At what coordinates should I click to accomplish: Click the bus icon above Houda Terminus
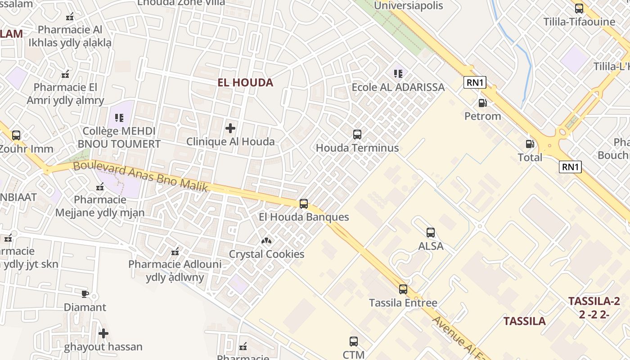pyautogui.click(x=357, y=134)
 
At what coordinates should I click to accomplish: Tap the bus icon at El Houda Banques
pyautogui.click(x=304, y=204)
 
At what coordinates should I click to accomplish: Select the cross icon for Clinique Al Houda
pyautogui.click(x=230, y=128)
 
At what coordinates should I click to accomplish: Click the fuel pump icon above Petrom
pyautogui.click(x=482, y=103)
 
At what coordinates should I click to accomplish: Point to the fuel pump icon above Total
pyautogui.click(x=530, y=144)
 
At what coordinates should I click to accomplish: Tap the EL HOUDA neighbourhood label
pyautogui.click(x=245, y=82)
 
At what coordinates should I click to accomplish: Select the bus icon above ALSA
pyautogui.click(x=431, y=233)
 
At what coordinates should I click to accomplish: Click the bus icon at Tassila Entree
pyautogui.click(x=403, y=289)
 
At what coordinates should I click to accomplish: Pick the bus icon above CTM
pyautogui.click(x=354, y=342)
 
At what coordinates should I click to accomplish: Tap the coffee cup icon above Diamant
pyautogui.click(x=85, y=294)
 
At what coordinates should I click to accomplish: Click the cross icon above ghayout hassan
pyautogui.click(x=103, y=333)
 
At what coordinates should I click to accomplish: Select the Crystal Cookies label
pyautogui.click(x=266, y=254)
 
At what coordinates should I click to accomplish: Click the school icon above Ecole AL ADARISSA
pyautogui.click(x=398, y=73)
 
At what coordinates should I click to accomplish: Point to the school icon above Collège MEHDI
pyautogui.click(x=119, y=118)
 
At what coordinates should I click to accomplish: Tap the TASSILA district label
pyautogui.click(x=524, y=321)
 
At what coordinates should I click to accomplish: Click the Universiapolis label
pyautogui.click(x=409, y=6)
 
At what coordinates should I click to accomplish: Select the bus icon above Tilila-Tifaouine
pyautogui.click(x=579, y=8)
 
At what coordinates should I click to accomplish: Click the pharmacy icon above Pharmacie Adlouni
pyautogui.click(x=175, y=251)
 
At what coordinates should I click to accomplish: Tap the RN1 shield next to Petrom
pyautogui.click(x=475, y=82)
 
